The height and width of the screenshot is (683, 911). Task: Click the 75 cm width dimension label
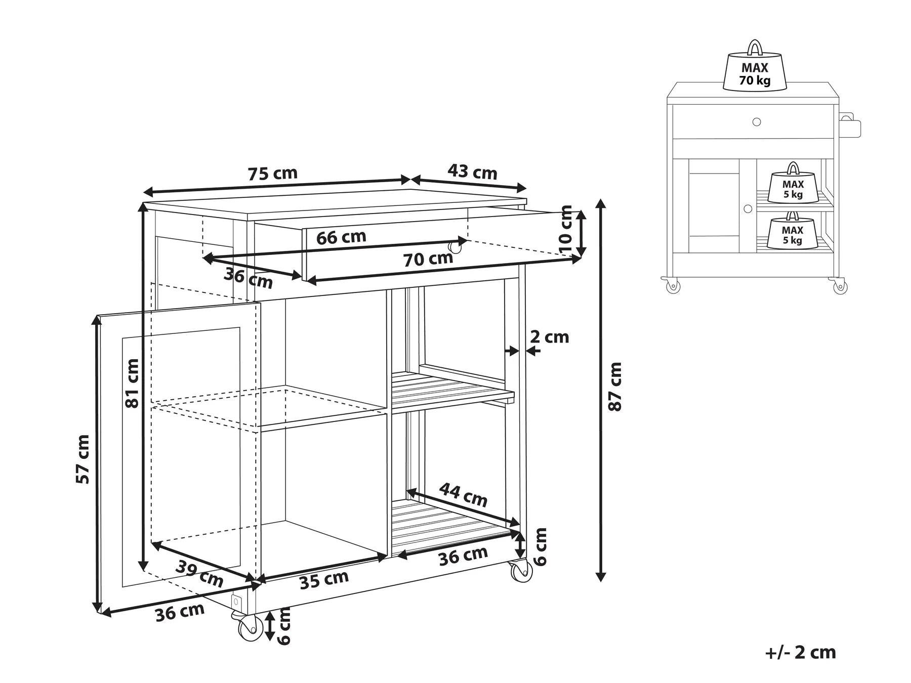click(272, 174)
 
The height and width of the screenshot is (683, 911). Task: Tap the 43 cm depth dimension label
click(472, 172)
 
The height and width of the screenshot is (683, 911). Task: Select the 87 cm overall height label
click(615, 386)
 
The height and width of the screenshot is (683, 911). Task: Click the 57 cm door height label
click(82, 459)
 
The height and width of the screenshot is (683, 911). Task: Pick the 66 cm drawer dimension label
click(341, 237)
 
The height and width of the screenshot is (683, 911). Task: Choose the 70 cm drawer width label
click(428, 260)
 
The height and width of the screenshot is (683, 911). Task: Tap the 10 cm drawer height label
click(566, 230)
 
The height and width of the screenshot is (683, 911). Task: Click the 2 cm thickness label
click(549, 337)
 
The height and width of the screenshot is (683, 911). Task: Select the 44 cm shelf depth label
click(463, 494)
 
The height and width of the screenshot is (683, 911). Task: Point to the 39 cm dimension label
click(199, 574)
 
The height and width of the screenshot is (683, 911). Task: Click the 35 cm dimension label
click(324, 580)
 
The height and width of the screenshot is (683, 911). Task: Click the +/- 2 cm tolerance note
click(800, 652)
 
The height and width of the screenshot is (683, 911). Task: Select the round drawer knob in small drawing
click(756, 122)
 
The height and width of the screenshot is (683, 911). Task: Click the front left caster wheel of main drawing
click(248, 628)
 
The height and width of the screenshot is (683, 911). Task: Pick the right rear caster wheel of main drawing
click(521, 571)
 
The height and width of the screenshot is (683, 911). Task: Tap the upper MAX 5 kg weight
click(793, 186)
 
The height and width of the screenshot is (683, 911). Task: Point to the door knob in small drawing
click(748, 208)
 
